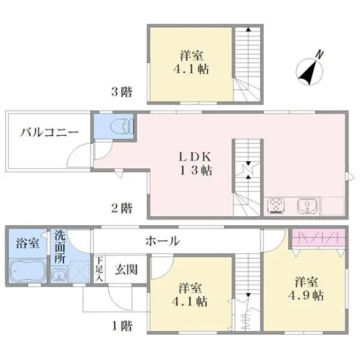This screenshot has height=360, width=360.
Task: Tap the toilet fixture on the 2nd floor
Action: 122,127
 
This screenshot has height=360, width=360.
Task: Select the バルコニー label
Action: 50,133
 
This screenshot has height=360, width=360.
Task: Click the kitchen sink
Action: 307,205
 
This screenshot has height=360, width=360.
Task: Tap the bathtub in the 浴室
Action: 28,271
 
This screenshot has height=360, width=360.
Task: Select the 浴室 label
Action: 28,243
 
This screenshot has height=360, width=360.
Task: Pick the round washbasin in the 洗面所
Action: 59,274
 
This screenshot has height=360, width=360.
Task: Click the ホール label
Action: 163,241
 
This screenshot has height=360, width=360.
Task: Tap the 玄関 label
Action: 126,269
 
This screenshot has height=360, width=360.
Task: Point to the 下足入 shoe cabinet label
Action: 100,269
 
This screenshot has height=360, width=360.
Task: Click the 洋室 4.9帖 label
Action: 306,289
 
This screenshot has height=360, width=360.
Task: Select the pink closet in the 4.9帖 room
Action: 319,238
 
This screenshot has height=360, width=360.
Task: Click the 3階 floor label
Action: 122,92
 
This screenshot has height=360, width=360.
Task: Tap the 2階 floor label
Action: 122,208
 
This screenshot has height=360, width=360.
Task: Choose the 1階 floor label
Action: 122,326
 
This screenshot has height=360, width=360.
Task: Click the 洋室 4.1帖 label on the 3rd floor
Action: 191,62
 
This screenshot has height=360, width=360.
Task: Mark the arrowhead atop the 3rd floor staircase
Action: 248,29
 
